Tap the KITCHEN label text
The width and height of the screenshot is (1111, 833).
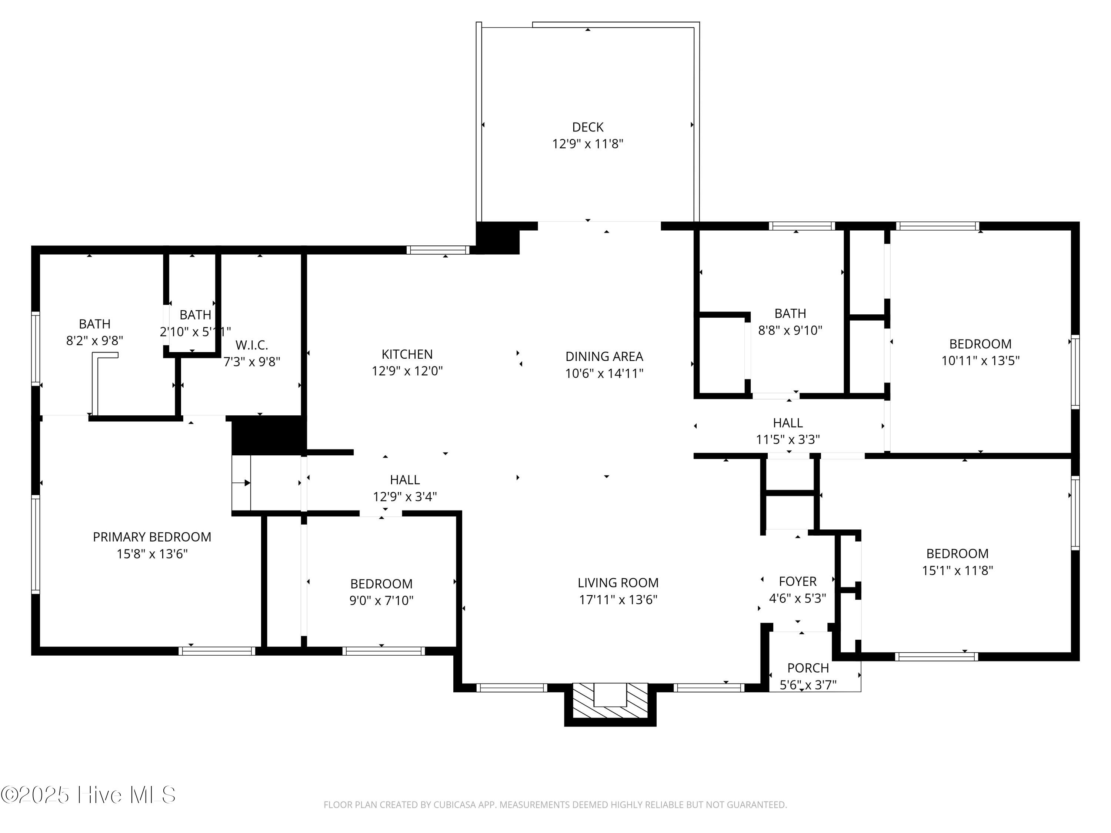(407, 354)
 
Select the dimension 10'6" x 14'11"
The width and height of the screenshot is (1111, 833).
(604, 373)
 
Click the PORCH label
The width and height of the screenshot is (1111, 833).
(808, 668)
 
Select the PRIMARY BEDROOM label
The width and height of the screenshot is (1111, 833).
(152, 537)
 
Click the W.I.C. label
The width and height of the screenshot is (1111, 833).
(251, 345)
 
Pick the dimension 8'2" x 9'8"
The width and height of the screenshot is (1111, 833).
(94, 341)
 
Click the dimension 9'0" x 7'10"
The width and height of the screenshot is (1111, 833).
(381, 600)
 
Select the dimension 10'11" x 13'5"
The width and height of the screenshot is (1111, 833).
(980, 361)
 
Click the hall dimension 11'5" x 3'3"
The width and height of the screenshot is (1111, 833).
(788, 439)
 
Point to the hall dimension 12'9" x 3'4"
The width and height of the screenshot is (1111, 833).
(405, 496)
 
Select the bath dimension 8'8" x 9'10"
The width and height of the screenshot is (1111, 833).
(790, 330)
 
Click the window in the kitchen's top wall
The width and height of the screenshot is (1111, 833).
(437, 250)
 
